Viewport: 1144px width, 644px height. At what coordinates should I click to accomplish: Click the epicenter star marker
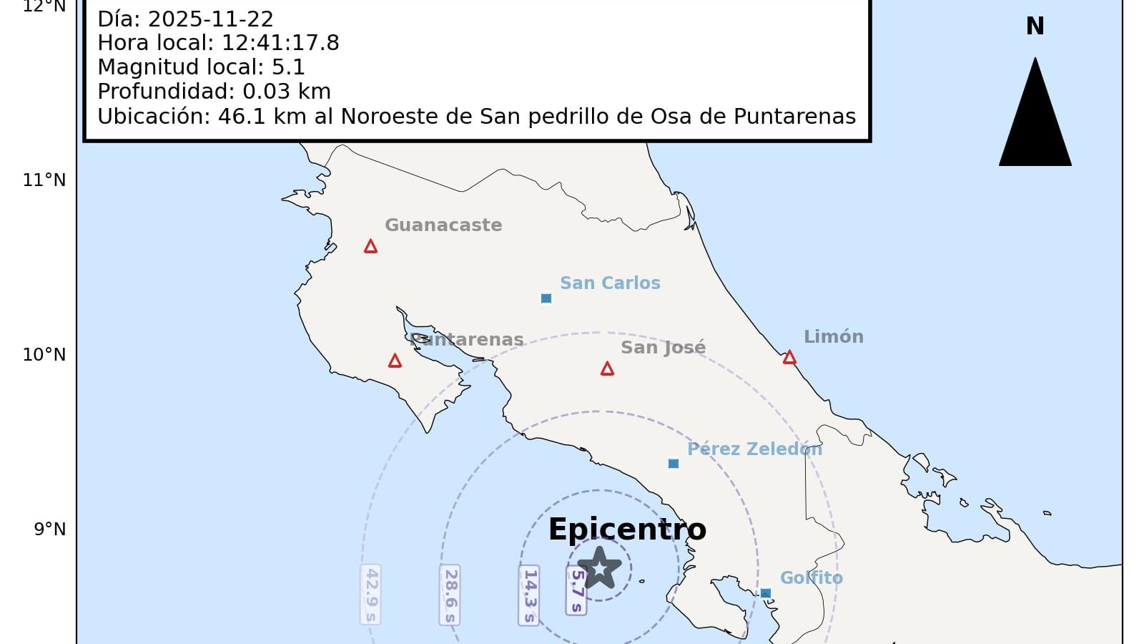click(599, 567)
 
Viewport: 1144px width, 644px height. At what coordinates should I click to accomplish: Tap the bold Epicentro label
click(627, 530)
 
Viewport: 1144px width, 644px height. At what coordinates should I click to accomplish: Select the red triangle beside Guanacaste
click(370, 247)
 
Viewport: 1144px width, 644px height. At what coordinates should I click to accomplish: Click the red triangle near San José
click(607, 369)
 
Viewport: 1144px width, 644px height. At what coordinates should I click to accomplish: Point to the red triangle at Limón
click(789, 358)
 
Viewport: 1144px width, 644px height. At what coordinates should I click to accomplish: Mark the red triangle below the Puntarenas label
click(395, 361)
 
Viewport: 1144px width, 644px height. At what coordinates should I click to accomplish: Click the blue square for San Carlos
click(546, 298)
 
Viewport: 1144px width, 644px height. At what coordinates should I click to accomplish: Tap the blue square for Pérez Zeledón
click(673, 464)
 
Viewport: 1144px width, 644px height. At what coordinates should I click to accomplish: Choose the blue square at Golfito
click(766, 593)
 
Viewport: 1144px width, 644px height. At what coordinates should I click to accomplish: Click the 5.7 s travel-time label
click(576, 591)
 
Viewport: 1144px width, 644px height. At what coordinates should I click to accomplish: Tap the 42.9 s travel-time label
click(370, 595)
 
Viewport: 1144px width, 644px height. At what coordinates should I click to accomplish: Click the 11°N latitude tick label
click(44, 180)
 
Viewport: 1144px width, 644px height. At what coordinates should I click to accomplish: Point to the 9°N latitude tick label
click(50, 529)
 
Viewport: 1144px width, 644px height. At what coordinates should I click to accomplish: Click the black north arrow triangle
click(1035, 122)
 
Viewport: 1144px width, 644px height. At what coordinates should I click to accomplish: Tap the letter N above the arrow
click(1035, 26)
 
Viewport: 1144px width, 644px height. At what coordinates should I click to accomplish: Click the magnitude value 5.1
click(288, 67)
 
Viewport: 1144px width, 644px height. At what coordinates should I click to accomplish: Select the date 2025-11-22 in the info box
click(210, 19)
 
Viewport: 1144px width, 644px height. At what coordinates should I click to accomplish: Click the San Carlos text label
click(610, 283)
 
